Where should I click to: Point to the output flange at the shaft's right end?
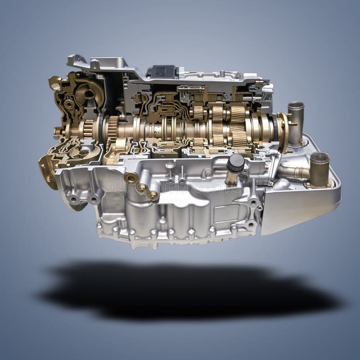coord(284,126)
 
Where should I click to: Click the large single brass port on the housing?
coord(131,178)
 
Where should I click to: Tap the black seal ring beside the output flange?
coord(273,126)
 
